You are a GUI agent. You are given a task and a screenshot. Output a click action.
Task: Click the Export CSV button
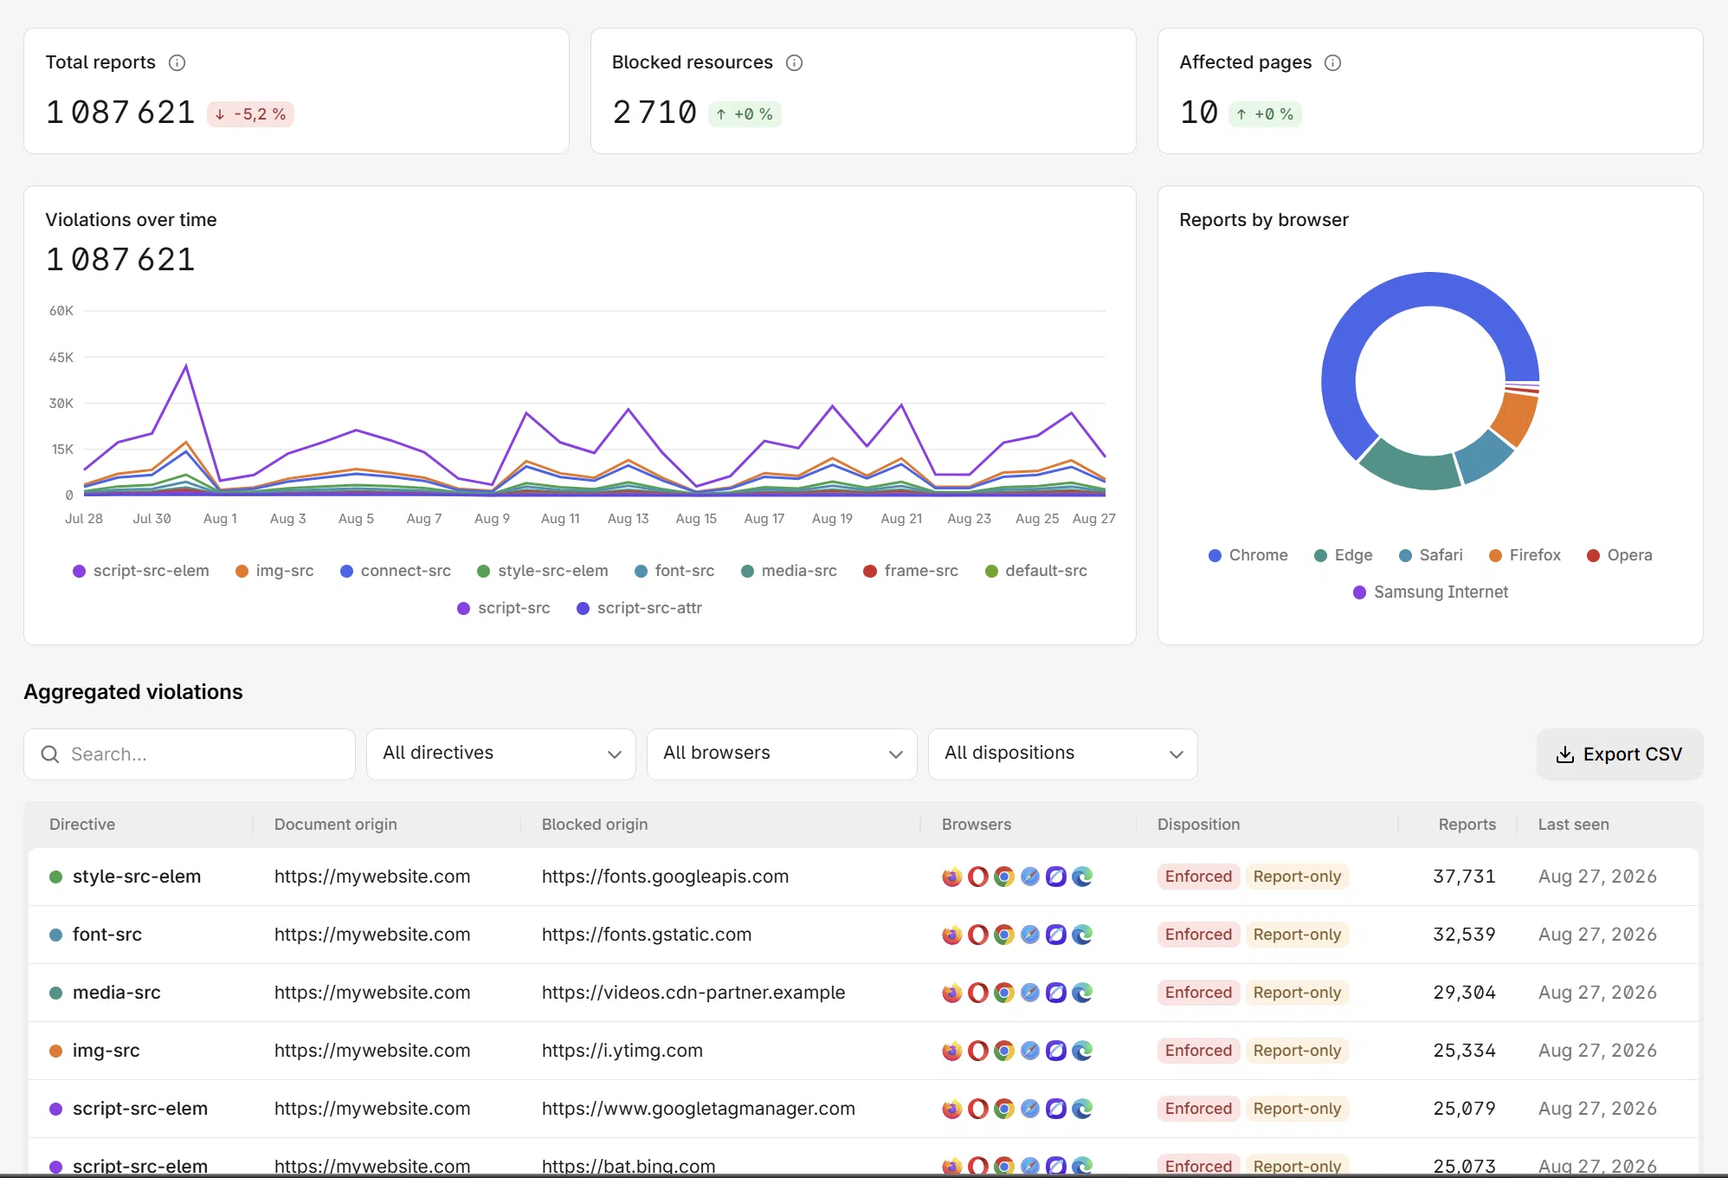tap(1619, 754)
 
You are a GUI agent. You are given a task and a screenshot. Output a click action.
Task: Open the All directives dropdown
tap(501, 754)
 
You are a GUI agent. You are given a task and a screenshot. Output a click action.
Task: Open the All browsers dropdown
tap(782, 754)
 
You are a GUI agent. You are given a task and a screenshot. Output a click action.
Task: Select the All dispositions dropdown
tap(1063, 754)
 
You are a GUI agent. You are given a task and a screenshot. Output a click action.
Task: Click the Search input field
tap(190, 754)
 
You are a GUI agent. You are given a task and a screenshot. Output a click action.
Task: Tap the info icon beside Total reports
tap(177, 62)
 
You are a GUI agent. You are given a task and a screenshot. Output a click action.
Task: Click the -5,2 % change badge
tap(250, 114)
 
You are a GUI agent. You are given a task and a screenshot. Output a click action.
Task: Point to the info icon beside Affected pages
tap(1333, 62)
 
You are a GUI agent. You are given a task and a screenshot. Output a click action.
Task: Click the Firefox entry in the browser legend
tap(1525, 555)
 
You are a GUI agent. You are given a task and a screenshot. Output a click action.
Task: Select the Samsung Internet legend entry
tap(1430, 592)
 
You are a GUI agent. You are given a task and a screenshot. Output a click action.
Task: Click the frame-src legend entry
tap(911, 571)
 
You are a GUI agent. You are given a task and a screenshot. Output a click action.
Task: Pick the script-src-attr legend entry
tap(639, 608)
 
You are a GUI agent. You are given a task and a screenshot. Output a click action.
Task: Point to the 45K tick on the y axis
tap(61, 357)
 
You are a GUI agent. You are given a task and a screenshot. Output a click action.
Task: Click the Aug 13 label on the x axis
tap(629, 519)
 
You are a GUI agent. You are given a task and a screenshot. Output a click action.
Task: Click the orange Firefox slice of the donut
tap(1515, 419)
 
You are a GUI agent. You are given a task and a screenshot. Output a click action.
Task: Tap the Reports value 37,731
tap(1464, 877)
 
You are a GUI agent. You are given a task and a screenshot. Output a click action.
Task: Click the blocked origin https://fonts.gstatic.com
tap(647, 935)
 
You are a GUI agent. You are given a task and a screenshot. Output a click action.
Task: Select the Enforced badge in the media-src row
tap(1198, 993)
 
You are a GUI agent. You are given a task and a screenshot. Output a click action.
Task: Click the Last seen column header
tap(1573, 825)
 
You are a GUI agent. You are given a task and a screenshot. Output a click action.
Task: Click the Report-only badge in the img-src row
tap(1297, 1051)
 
